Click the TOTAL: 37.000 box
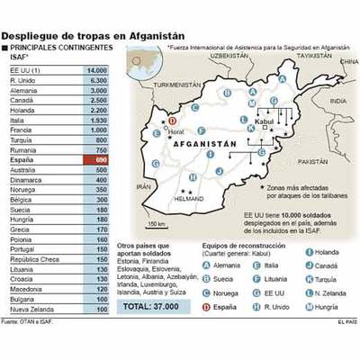click(150, 306)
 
